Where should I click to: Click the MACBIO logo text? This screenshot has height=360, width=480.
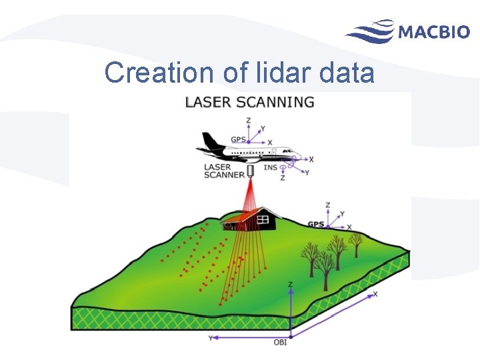[434, 31]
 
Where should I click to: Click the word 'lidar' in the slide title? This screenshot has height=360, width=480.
[281, 73]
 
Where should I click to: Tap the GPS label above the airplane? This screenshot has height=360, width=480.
[238, 139]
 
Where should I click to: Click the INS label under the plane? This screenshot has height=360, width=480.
[270, 168]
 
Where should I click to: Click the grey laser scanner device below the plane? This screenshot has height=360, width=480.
[251, 171]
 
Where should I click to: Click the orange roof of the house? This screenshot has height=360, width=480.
[242, 215]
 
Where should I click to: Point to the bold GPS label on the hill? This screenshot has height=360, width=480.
[315, 224]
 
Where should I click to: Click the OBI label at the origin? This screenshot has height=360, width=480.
[281, 343]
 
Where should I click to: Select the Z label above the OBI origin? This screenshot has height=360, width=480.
[290, 283]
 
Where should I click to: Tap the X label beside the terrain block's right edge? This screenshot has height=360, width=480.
[375, 294]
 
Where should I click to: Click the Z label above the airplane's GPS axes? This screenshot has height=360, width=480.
[248, 121]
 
